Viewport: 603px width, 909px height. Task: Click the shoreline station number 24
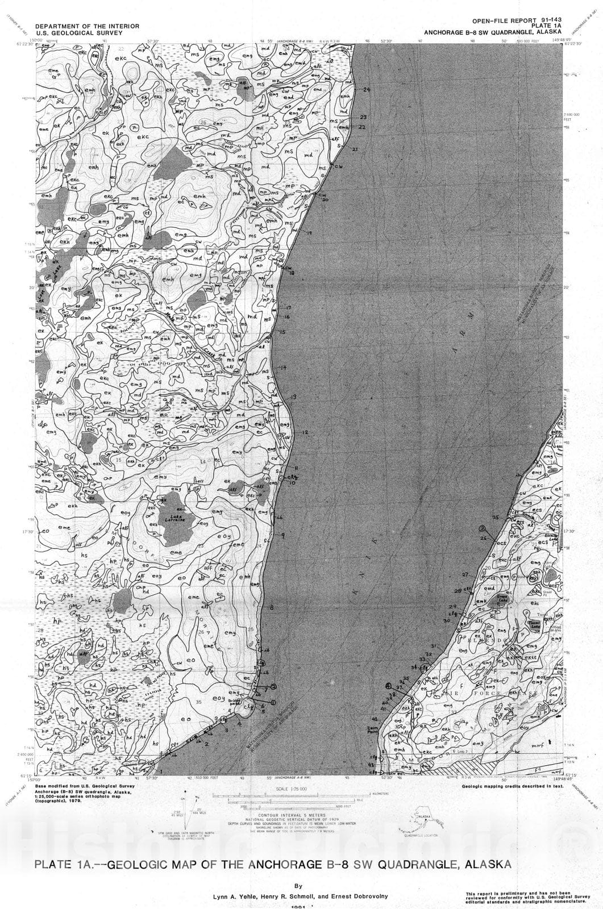coord(366,90)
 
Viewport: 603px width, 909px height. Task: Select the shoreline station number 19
coord(309,233)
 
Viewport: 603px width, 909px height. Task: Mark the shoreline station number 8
coord(272,608)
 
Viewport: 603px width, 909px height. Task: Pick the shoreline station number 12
coord(305,433)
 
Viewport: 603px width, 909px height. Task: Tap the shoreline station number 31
coord(434,647)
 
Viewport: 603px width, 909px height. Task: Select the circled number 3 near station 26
coord(481,528)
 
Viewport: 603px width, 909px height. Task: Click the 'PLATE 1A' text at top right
coord(544,25)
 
